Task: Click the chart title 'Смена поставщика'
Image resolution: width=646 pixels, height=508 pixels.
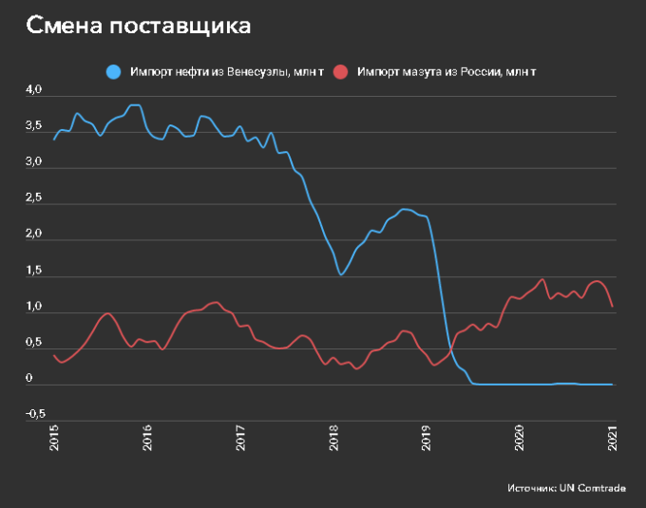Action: pos(139,26)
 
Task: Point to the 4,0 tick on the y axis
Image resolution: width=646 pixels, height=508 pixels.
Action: pos(34,90)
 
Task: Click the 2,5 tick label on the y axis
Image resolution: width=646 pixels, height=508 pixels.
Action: pos(34,198)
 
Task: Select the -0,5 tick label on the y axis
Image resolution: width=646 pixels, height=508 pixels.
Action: pos(34,414)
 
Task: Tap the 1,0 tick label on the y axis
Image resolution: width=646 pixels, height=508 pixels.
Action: pos(34,307)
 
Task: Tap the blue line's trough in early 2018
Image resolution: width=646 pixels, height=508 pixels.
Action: pos(341,274)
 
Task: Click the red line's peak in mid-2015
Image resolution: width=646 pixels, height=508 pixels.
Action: pos(107,313)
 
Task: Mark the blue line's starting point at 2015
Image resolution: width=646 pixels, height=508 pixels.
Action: pos(54,140)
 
